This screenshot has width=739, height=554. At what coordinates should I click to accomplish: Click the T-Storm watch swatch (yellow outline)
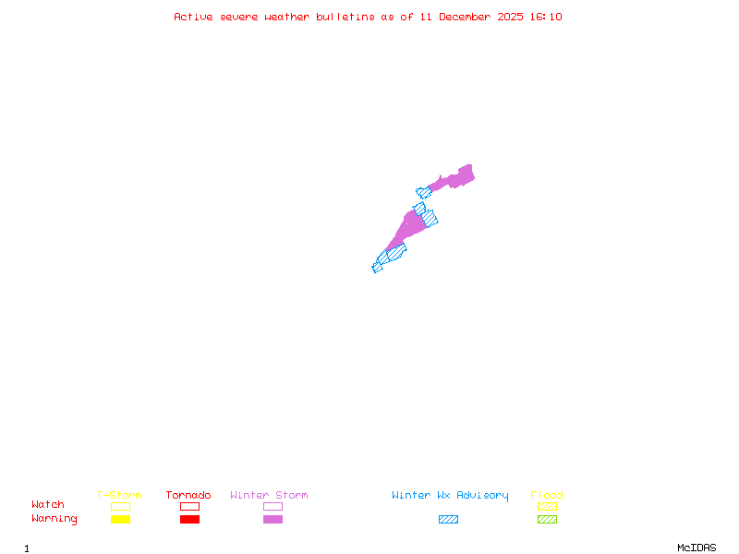click(120, 506)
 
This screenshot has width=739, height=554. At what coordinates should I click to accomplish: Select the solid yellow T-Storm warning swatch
click(120, 519)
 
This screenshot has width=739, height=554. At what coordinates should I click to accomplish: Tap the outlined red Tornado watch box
click(189, 506)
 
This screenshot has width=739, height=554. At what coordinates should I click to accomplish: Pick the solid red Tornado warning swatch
click(189, 519)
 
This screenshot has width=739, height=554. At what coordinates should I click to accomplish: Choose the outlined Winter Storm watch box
click(273, 506)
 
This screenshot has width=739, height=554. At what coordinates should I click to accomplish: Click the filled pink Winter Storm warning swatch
click(273, 519)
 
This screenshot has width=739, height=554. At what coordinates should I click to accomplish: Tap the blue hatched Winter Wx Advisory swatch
click(448, 519)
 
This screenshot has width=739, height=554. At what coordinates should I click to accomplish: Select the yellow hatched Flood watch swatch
click(547, 506)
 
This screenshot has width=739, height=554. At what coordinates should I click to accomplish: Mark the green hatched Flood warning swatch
click(547, 519)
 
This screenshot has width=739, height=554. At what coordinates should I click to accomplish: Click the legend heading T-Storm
click(119, 495)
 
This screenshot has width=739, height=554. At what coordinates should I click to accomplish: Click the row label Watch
click(48, 505)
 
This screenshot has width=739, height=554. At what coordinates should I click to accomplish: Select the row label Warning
click(55, 519)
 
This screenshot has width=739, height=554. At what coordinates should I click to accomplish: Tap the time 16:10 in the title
click(546, 17)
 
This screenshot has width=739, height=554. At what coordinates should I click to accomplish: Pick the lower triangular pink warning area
click(408, 226)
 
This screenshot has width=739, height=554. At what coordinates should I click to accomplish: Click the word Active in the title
click(194, 17)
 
